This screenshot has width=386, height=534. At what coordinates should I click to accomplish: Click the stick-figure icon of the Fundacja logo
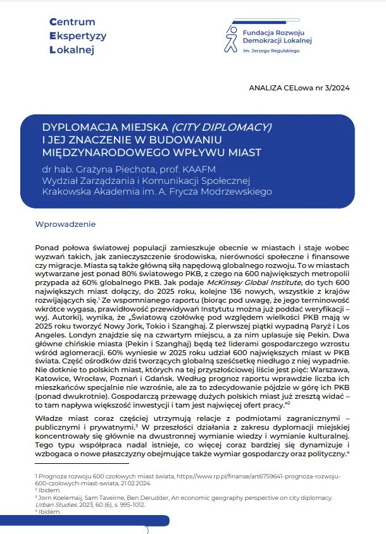(229, 39)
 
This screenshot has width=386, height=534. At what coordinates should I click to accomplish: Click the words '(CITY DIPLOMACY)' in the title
(221, 127)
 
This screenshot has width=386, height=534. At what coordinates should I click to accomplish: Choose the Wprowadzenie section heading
(66, 224)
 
